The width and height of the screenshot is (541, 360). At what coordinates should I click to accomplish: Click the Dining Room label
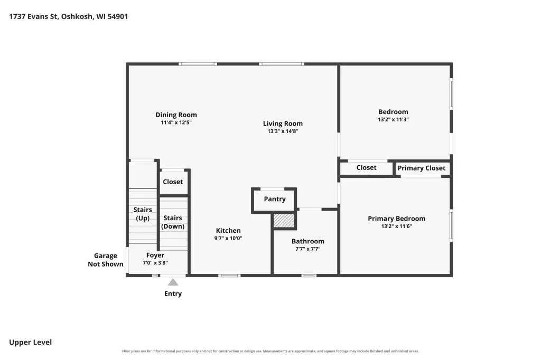[x=176, y=115]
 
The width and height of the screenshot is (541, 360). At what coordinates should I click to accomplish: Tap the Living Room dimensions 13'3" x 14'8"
[x=283, y=131]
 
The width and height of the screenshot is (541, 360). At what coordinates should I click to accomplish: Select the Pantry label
[x=275, y=199]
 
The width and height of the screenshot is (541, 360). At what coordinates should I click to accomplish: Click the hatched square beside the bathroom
[x=284, y=221]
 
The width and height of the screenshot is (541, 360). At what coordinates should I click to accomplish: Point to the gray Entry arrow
[x=173, y=282]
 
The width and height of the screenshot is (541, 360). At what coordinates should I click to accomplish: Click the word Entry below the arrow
[x=173, y=293]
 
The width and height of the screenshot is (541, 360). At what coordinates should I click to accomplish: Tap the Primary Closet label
[x=421, y=168]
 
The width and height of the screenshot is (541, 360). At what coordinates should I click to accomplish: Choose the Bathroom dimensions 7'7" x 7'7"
[x=308, y=249]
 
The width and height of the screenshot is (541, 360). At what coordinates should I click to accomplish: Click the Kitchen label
[x=228, y=230]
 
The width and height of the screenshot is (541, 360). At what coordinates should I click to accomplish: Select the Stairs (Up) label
[x=143, y=214]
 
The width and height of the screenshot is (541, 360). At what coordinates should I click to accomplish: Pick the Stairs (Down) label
[x=173, y=222]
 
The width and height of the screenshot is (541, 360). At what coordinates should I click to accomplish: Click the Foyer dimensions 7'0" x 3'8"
[x=155, y=263]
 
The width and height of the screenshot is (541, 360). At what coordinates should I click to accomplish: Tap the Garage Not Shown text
[x=105, y=260]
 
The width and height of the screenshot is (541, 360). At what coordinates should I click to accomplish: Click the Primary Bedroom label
[x=396, y=219]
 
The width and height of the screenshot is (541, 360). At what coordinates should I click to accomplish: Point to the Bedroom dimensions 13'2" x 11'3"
[x=393, y=119]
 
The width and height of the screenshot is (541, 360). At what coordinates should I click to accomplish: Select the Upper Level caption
[x=30, y=343]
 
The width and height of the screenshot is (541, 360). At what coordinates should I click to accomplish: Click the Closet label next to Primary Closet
[x=366, y=167]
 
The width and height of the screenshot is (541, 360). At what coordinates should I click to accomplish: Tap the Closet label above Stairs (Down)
[x=173, y=182]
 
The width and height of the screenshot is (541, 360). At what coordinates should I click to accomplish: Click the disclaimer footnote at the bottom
[x=270, y=351]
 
